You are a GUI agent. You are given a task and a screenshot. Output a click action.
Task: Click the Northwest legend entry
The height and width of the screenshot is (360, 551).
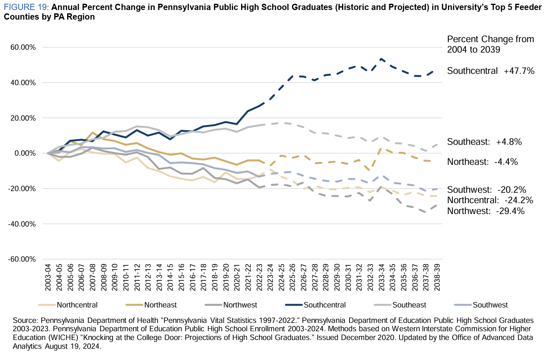coord(240,305)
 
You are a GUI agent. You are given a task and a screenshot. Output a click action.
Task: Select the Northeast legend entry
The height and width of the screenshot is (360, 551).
coord(160,305)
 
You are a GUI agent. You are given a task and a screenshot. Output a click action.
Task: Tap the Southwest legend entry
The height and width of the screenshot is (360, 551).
coord(490,305)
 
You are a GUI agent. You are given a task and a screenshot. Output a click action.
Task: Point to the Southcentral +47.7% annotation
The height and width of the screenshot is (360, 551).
coord(491,71)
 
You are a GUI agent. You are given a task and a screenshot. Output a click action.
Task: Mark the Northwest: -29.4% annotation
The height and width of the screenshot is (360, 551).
coord(486,211)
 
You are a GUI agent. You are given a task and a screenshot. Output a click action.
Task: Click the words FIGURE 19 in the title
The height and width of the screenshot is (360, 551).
coord(24,8)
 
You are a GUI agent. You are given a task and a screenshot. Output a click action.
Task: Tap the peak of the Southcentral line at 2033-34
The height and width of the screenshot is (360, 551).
coord(381,59)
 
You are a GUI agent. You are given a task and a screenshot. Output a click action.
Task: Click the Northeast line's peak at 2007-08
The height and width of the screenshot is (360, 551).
coord(93,133)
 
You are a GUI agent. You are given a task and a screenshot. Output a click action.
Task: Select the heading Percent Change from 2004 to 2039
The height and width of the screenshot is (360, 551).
coord(491,44)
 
